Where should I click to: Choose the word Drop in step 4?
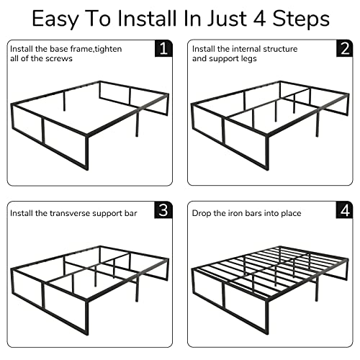202,213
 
